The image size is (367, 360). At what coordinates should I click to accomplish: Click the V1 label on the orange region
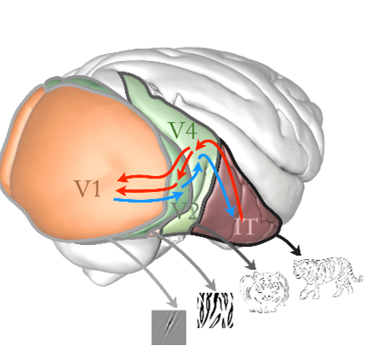pyautogui.click(x=88, y=188)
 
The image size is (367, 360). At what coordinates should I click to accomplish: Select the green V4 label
pyautogui.click(x=183, y=130)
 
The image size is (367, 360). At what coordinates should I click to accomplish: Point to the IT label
pyautogui.click(x=244, y=226)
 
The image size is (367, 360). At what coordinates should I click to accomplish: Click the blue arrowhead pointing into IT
pyautogui.click(x=230, y=211)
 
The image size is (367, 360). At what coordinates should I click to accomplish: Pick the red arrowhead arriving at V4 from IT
pyautogui.click(x=201, y=145)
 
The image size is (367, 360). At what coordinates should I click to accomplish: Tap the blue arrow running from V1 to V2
pyautogui.click(x=149, y=198)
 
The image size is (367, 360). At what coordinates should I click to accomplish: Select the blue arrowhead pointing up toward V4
pyautogui.click(x=199, y=167)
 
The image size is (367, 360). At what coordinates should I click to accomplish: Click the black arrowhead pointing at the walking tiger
pyautogui.click(x=296, y=250)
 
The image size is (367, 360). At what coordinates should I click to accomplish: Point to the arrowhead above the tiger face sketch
pyautogui.click(x=251, y=264)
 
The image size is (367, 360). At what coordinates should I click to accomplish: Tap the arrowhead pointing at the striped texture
pyautogui.click(x=211, y=285)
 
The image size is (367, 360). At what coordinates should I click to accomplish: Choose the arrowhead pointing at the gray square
pyautogui.click(x=172, y=303)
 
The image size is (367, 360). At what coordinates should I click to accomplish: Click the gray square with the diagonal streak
pyautogui.click(x=169, y=327)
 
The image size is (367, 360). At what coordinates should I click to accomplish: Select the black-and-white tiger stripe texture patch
pyautogui.click(x=215, y=310)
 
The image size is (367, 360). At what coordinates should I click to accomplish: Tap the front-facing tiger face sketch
pyautogui.click(x=264, y=291)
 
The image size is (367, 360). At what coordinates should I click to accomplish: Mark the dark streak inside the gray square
pyautogui.click(x=169, y=325)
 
